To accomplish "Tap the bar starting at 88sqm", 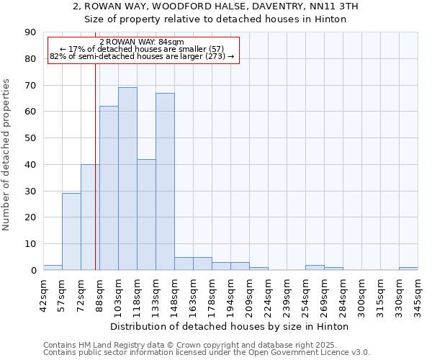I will [109, 188].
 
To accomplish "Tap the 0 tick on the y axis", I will [33, 271].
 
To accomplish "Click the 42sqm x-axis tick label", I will [43, 292].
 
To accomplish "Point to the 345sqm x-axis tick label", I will [418, 292].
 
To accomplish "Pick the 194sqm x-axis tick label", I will [230, 292].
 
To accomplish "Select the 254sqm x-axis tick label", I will [305, 292].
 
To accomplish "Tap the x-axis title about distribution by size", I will [230, 326].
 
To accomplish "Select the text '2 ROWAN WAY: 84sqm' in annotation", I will [142, 42].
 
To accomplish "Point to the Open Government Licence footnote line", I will [207, 353].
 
